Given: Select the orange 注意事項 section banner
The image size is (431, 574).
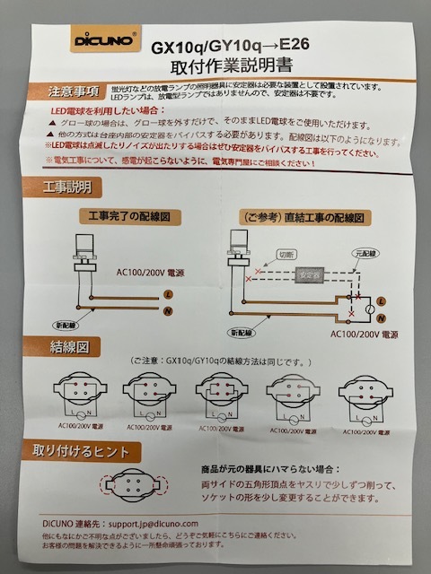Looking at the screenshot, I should [x=71, y=91].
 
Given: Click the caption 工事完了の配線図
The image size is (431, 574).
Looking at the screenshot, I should [x=128, y=216].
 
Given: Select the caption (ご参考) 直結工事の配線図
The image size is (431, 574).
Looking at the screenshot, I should [x=303, y=217].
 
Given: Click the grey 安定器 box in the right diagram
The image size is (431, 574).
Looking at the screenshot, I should [x=312, y=276].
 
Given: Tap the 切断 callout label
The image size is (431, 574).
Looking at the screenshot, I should [x=286, y=254].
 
